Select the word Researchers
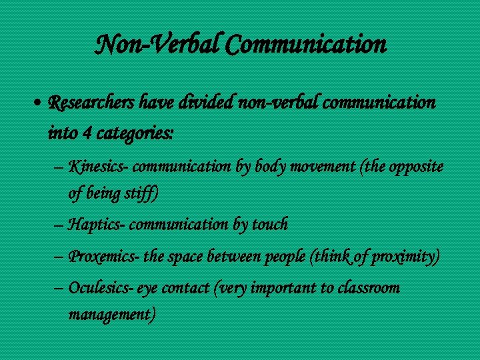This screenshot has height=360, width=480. click(92, 103)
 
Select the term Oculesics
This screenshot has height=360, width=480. click(99, 288)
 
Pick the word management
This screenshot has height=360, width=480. click(112, 315)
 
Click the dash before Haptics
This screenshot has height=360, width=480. click(57, 225)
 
